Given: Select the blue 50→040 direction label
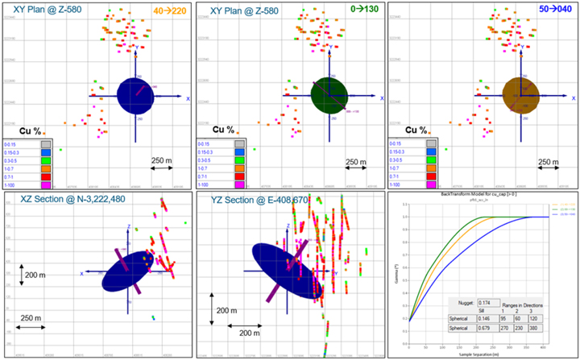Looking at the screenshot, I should pos(553,13).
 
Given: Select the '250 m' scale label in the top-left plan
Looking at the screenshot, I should pos(164,162).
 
